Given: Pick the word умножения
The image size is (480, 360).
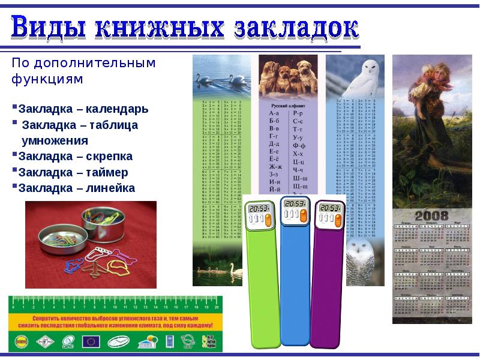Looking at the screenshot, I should point(55,141).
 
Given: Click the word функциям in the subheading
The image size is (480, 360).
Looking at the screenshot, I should point(46,79).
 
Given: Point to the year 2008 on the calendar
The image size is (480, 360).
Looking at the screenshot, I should point(423,216).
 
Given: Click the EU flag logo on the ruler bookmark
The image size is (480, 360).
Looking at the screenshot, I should point(92,341).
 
